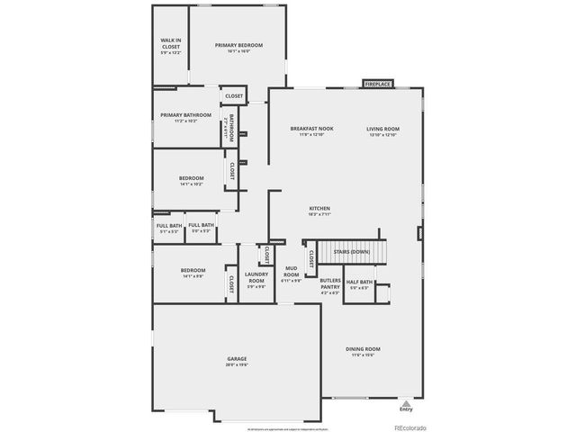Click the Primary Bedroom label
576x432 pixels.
[x=238, y=45]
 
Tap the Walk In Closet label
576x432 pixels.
[x=171, y=40]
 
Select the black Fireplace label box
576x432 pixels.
[x=377, y=84]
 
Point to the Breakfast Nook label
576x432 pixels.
[x=311, y=129]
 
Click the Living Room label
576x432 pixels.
[x=382, y=129]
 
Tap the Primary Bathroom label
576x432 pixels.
[x=185, y=115]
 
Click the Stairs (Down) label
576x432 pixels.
[x=351, y=252]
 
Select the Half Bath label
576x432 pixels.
[x=359, y=283]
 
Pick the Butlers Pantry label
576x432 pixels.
[x=329, y=283]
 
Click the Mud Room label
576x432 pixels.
[x=292, y=271]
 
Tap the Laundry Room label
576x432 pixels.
[x=256, y=276]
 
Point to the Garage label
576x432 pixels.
[x=237, y=359]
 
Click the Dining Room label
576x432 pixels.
[x=364, y=348]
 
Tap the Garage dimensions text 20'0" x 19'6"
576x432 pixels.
[x=237, y=365]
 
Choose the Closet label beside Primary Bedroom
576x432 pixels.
[x=234, y=95]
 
